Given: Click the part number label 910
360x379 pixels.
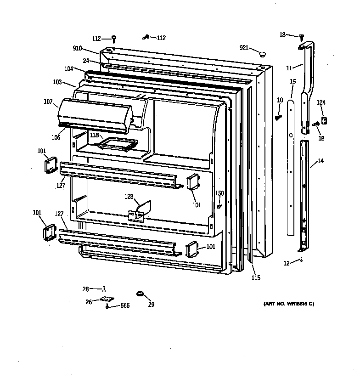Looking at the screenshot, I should point(77,48).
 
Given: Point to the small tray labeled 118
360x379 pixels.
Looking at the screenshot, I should point(117,143).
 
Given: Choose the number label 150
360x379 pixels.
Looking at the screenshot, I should point(220,193).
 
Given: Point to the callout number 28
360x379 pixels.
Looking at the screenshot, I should point(85,289).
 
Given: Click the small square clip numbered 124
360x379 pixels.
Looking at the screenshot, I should point(324,120).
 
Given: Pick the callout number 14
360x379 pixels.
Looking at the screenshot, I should point(321,161).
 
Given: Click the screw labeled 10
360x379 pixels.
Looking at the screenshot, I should point(278,117).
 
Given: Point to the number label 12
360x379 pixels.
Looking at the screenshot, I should point(287,263).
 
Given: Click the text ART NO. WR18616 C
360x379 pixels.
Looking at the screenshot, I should point(289,304).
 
